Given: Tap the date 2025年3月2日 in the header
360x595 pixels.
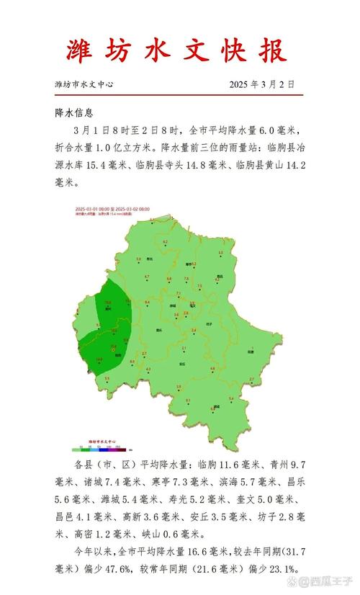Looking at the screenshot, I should pos(262,84).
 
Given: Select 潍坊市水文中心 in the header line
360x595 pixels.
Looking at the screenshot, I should pos(84,84).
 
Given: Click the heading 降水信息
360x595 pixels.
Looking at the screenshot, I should pos(74,113).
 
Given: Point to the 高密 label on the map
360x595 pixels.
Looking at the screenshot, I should pos(251,352).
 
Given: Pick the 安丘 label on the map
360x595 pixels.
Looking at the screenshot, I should pos(184,364).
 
